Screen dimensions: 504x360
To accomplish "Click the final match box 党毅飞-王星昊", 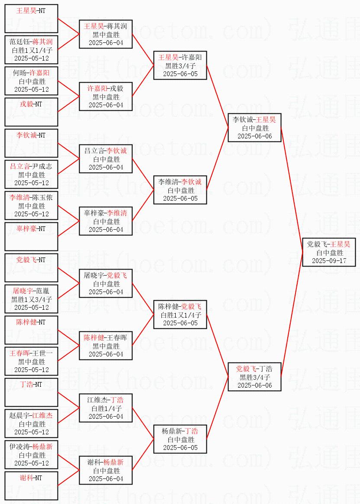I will click(329, 252).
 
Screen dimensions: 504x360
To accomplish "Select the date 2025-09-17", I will click(329, 261).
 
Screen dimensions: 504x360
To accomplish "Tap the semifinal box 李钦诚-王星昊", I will click(254, 128).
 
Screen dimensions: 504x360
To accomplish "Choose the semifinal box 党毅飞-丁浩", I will click(254, 377).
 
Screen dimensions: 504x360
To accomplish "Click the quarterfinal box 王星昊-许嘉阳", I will click(180, 65).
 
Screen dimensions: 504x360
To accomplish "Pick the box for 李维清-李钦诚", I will click(180, 190).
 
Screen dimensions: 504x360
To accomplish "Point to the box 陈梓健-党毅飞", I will click(180, 315).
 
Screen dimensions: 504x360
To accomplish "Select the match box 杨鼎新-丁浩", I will click(180, 439).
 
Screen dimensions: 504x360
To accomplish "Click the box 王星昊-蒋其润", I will click(106, 34).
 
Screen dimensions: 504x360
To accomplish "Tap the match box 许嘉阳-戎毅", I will click(106, 96).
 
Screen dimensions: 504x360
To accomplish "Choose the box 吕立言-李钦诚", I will click(106, 159).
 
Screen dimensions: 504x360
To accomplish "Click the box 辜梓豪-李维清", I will click(106, 221).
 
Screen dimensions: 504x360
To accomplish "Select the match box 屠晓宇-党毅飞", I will click(106, 283).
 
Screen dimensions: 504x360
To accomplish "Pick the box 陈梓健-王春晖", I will click(106, 346).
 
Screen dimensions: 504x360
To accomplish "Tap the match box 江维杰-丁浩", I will click(106, 408).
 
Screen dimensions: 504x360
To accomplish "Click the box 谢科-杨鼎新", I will click(106, 470).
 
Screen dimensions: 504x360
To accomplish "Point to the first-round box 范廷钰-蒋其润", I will click(31, 50).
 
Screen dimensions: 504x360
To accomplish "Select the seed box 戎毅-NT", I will click(31, 112).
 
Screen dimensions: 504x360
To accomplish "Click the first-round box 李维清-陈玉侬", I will click(31, 205).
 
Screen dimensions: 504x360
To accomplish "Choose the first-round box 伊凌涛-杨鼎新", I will click(31, 455).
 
